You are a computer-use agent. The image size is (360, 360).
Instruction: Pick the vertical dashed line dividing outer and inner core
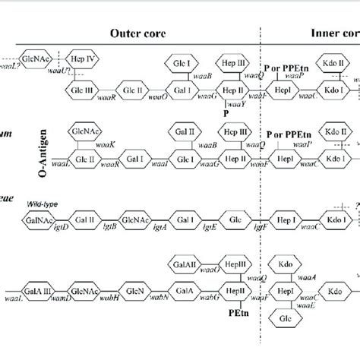coord(263,190)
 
